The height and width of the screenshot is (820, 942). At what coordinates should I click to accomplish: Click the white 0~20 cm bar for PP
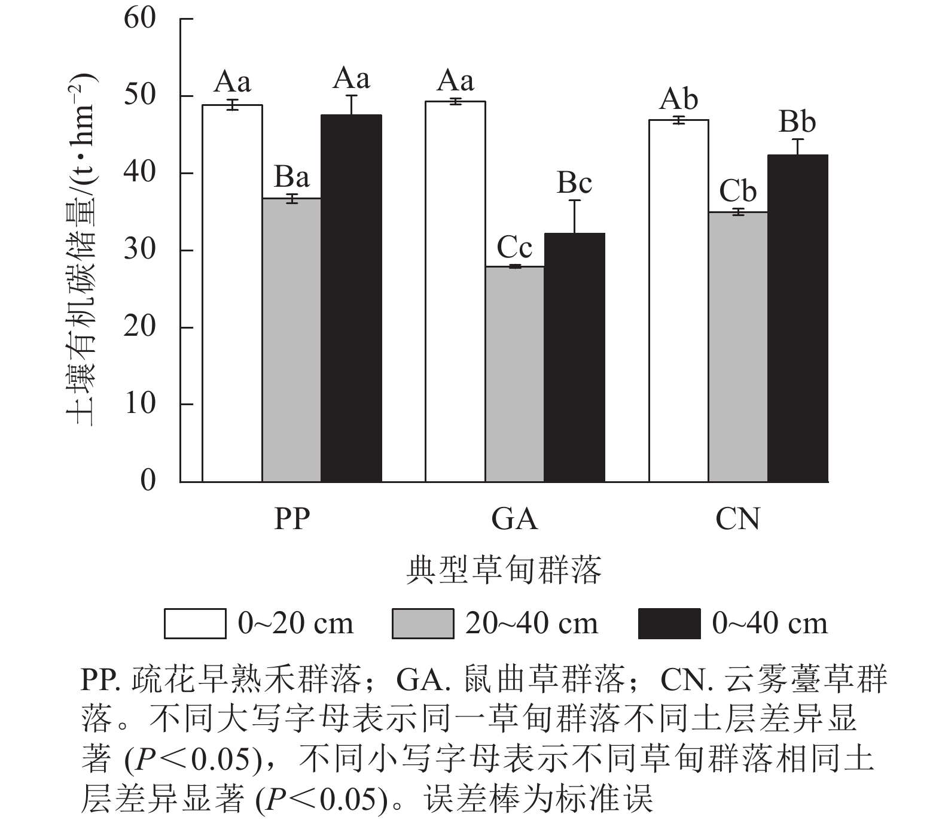tap(232, 293)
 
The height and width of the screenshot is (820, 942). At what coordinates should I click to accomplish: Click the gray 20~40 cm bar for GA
tap(515, 374)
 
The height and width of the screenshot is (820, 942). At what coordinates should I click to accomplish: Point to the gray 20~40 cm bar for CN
tap(738, 347)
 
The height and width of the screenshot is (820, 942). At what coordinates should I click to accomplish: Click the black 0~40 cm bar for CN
tap(798, 318)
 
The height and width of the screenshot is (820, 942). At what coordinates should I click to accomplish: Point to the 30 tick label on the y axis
tap(140, 250)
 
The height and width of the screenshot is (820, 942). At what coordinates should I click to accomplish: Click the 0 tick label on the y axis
tap(148, 481)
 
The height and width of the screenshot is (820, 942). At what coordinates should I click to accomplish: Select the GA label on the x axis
tap(515, 520)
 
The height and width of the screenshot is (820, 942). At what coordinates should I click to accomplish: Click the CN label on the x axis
tap(737, 520)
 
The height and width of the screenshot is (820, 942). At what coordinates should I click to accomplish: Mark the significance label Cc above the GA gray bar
tap(515, 247)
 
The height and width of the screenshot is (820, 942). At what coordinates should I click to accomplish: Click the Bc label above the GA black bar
tap(574, 183)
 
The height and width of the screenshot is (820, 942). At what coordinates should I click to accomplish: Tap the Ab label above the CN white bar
tap(679, 99)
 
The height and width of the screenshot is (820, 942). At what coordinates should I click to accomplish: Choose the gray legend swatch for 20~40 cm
tap(423, 624)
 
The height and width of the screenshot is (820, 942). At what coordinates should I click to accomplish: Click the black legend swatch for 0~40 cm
tap(669, 624)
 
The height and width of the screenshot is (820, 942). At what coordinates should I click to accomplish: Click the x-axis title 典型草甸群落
tap(504, 571)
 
